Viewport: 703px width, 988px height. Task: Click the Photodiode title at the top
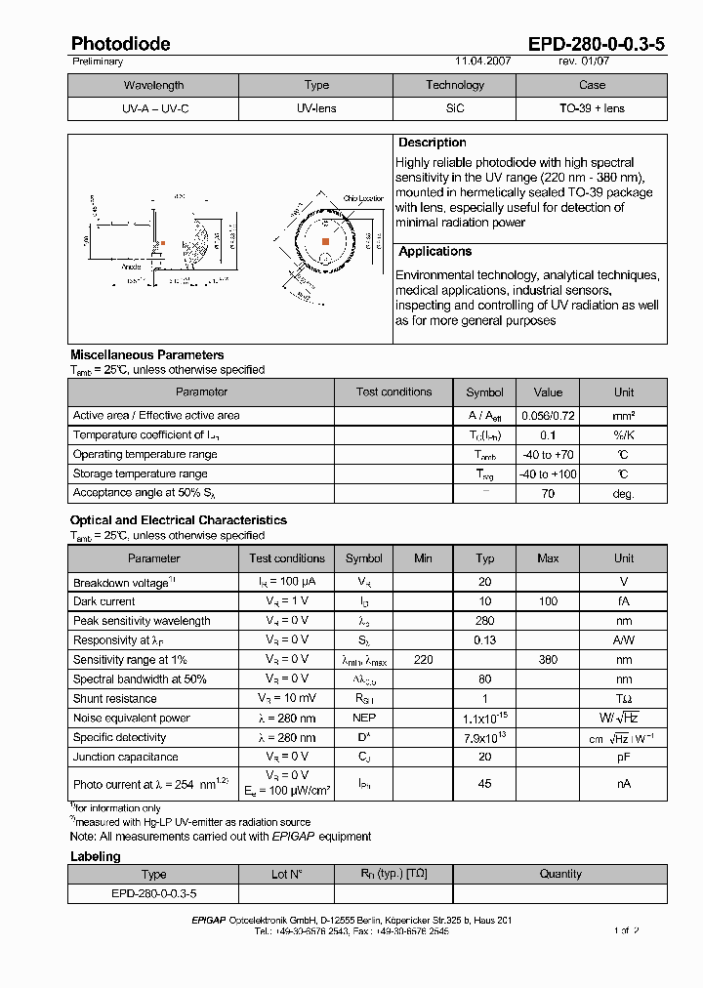pos(120,44)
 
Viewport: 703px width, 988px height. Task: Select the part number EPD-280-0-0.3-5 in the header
pos(597,44)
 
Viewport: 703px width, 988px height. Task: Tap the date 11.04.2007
pos(483,62)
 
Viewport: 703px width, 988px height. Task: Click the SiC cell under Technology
pos(454,108)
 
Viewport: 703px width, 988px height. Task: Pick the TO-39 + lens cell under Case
pos(592,108)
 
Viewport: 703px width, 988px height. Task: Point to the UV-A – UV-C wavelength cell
pos(154,108)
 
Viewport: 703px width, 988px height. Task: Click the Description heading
pos(433,143)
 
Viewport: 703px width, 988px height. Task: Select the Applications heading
pos(435,252)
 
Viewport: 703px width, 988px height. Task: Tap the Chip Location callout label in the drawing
pos(363,198)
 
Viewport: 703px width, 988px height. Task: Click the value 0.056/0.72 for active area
pos(548,416)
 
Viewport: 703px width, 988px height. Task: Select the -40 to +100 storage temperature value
pos(548,474)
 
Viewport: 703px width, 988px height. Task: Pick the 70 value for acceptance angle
pos(548,494)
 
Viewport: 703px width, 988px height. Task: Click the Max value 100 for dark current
pos(548,601)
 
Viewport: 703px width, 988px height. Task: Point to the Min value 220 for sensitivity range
pos(423,660)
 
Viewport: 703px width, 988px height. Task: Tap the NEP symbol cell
pos(364,719)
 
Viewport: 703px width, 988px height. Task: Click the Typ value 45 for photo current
pos(484,783)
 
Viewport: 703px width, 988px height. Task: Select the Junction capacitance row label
pos(125,757)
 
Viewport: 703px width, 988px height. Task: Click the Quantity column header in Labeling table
pos(560,874)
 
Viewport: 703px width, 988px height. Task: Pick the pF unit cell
pos(623,757)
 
